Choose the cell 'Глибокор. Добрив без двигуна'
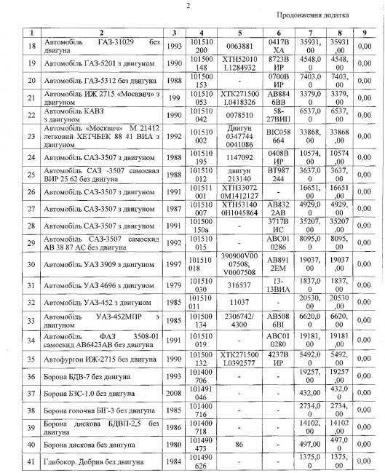(94, 463)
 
